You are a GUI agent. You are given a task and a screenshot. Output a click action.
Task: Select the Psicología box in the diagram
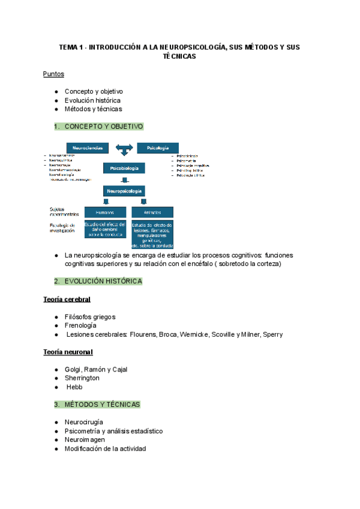click(158, 148)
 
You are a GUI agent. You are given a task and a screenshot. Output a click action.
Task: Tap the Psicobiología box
click(124, 169)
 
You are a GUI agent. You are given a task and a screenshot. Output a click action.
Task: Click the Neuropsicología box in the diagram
click(124, 191)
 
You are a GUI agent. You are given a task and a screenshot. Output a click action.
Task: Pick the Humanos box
click(105, 212)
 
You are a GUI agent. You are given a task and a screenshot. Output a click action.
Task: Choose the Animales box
click(152, 212)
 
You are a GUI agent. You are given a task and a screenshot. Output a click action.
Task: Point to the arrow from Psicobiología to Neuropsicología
click(124, 180)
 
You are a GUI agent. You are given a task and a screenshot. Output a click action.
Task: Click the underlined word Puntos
click(53, 74)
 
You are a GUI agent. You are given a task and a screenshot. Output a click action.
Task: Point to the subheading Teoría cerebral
click(67, 299)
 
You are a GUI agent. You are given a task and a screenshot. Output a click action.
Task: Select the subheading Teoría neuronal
click(68, 352)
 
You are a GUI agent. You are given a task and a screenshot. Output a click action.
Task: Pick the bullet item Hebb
click(74, 387)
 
